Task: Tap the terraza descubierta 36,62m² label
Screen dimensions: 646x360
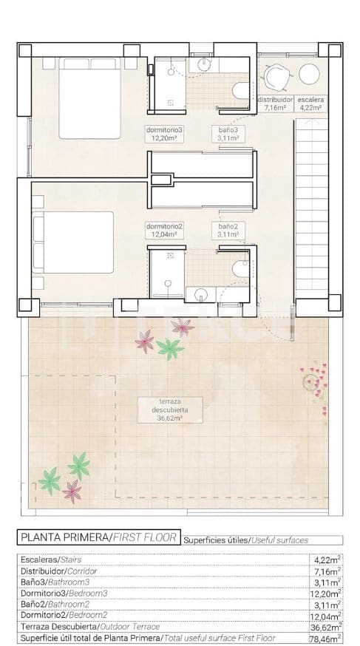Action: (163, 409)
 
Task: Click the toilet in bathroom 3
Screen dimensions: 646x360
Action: (240, 90)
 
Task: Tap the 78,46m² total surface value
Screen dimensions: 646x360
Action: (326, 638)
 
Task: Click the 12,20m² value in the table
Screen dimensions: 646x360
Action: (326, 593)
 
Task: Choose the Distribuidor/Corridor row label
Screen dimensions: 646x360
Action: (58, 571)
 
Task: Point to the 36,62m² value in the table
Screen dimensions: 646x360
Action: (326, 627)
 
